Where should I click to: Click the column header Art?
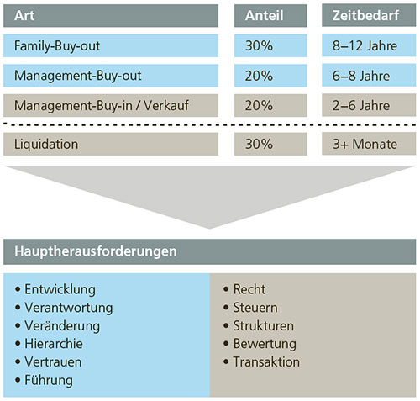point(24,15)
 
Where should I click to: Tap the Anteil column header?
point(264,15)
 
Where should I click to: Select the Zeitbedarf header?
point(365,15)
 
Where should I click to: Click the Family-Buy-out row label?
point(57,46)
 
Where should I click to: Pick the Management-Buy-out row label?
point(78,76)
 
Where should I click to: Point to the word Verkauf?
point(166,106)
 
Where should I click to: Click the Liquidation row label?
point(46,144)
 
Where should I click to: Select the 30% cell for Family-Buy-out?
point(259,45)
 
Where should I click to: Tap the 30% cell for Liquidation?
point(259,144)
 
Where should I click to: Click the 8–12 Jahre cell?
point(365,45)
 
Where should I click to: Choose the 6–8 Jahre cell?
point(361,76)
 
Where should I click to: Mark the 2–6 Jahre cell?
point(361,106)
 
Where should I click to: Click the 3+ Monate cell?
point(365,144)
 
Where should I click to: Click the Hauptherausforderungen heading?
point(96,251)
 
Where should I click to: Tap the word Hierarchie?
point(54,344)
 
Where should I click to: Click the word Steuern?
point(255,308)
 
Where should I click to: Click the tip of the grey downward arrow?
point(209,229)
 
